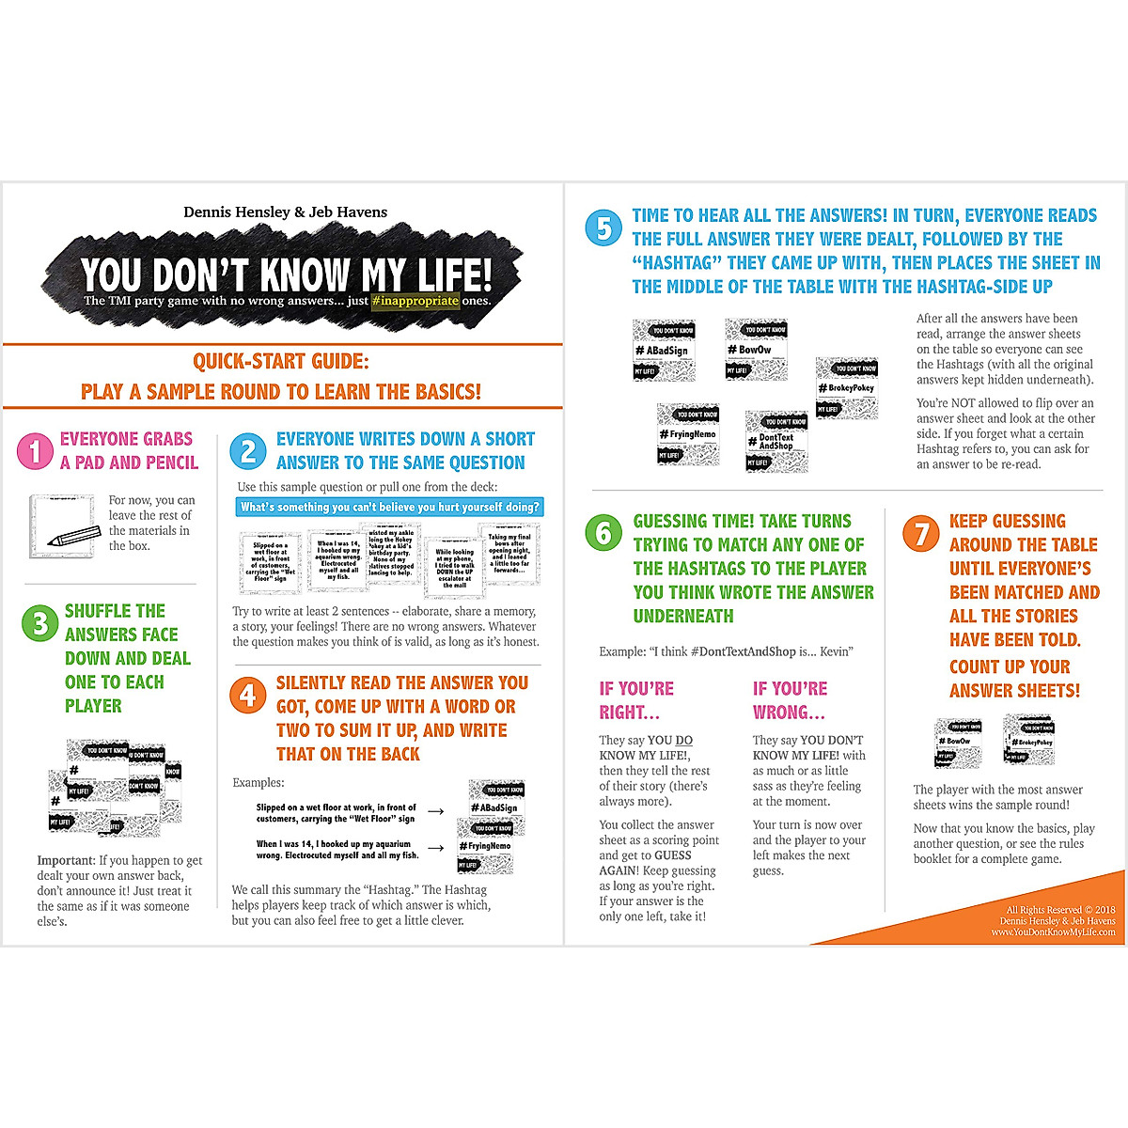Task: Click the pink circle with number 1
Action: click(35, 451)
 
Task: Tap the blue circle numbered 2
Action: click(248, 451)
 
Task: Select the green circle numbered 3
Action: click(39, 623)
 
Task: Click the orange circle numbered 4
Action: click(248, 696)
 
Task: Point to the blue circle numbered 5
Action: click(603, 228)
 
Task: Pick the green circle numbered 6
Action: click(603, 534)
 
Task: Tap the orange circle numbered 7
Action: click(921, 534)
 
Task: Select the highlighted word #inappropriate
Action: click(415, 301)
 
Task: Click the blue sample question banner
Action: click(390, 508)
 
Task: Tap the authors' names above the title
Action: click(285, 212)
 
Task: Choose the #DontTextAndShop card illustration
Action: click(776, 440)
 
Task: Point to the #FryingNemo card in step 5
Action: click(688, 434)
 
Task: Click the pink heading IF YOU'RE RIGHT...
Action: click(636, 700)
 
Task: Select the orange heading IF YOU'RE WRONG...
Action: click(790, 700)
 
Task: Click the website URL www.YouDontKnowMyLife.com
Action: click(1053, 932)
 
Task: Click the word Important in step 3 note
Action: click(66, 860)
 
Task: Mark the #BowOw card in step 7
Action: click(958, 741)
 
